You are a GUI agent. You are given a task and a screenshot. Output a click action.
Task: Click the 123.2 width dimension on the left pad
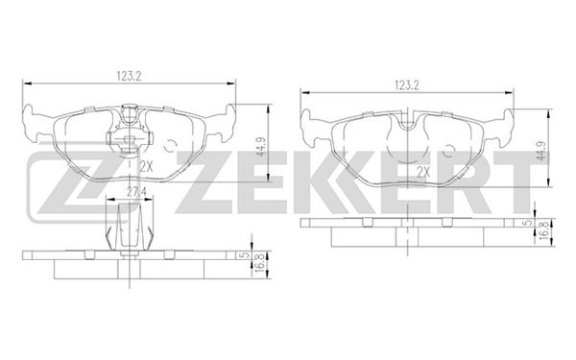coord(130,77)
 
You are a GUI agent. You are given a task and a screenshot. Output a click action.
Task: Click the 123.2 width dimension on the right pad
coord(407,85)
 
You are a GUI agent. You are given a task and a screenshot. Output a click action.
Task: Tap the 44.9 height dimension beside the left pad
coord(261,146)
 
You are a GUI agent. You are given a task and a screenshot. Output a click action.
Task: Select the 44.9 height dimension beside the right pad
coord(540,151)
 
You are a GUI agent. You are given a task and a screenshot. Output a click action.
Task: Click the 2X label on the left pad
coord(146,167)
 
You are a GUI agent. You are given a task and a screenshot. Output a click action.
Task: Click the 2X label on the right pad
coord(423,171)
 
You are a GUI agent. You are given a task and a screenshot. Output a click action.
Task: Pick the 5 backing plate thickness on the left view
coord(247,254)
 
